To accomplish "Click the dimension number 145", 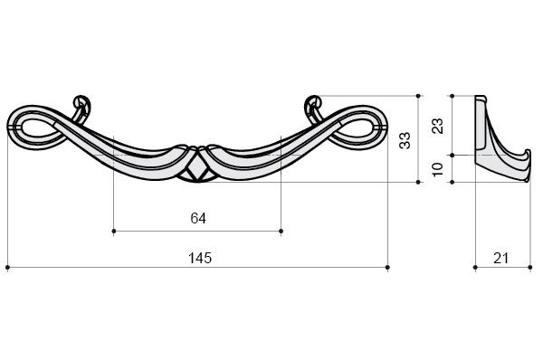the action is click(x=199, y=258).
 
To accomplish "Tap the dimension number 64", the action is click(x=198, y=218).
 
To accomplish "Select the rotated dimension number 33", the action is click(x=405, y=140).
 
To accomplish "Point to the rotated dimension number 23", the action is click(x=438, y=126).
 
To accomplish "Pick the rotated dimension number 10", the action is click(x=438, y=169).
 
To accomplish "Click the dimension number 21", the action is click(x=500, y=258).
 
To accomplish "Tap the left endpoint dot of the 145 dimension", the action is click(x=7, y=267).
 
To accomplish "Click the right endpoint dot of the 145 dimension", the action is click(x=387, y=267).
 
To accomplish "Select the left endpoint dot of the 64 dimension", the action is click(x=114, y=231).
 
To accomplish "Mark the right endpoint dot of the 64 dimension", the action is click(x=281, y=231).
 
